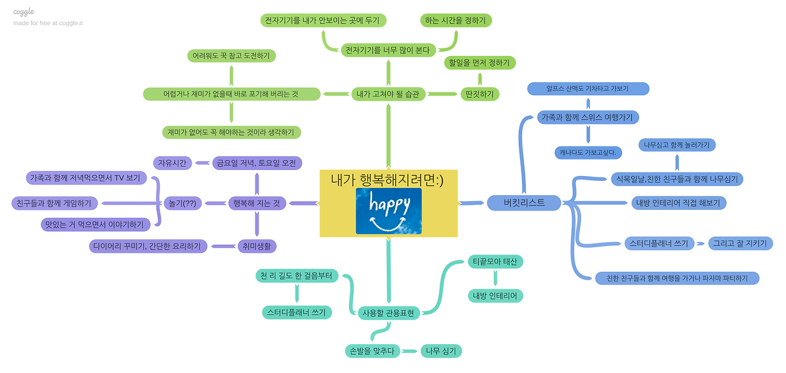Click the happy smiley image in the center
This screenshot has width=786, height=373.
[x=389, y=211]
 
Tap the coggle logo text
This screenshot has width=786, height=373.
[x=24, y=12]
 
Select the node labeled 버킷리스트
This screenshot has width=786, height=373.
[x=524, y=202]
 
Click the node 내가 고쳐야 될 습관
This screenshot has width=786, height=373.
[x=388, y=94]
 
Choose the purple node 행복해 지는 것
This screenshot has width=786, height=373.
[x=257, y=203]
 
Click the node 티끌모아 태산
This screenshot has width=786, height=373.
[x=495, y=262]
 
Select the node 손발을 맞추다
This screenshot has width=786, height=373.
[x=372, y=351]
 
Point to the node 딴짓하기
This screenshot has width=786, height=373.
[x=480, y=94]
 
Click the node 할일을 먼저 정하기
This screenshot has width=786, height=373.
[x=480, y=63]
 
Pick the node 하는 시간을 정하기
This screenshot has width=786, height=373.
[x=456, y=20]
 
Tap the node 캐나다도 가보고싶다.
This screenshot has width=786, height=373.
[x=588, y=152]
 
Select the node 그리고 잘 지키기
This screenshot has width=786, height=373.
[x=741, y=244]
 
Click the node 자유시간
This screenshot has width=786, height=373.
[x=173, y=163]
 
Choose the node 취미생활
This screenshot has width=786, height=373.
[x=257, y=247]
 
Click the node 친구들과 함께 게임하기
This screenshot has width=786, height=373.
[x=55, y=203]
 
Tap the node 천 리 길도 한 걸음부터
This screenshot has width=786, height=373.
[x=296, y=276]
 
